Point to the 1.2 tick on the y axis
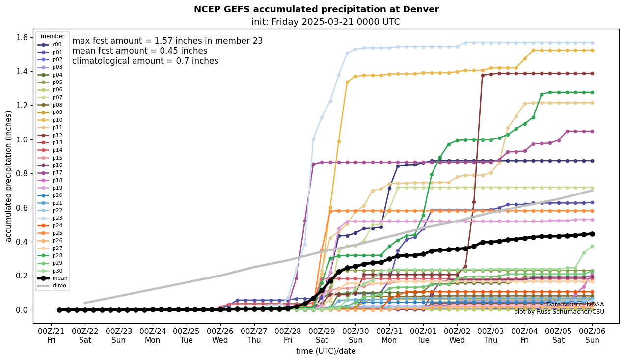[23, 106]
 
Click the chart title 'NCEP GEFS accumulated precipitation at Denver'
[316, 9]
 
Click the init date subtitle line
[326, 22]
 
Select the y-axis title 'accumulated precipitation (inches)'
[8, 176]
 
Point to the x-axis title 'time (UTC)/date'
[326, 351]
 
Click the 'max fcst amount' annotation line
[167, 41]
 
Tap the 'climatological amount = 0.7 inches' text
[145, 61]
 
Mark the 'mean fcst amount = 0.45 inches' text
[139, 51]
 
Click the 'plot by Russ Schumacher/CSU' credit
[559, 312]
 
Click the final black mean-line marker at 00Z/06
[592, 234]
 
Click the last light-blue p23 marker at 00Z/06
[592, 43]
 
